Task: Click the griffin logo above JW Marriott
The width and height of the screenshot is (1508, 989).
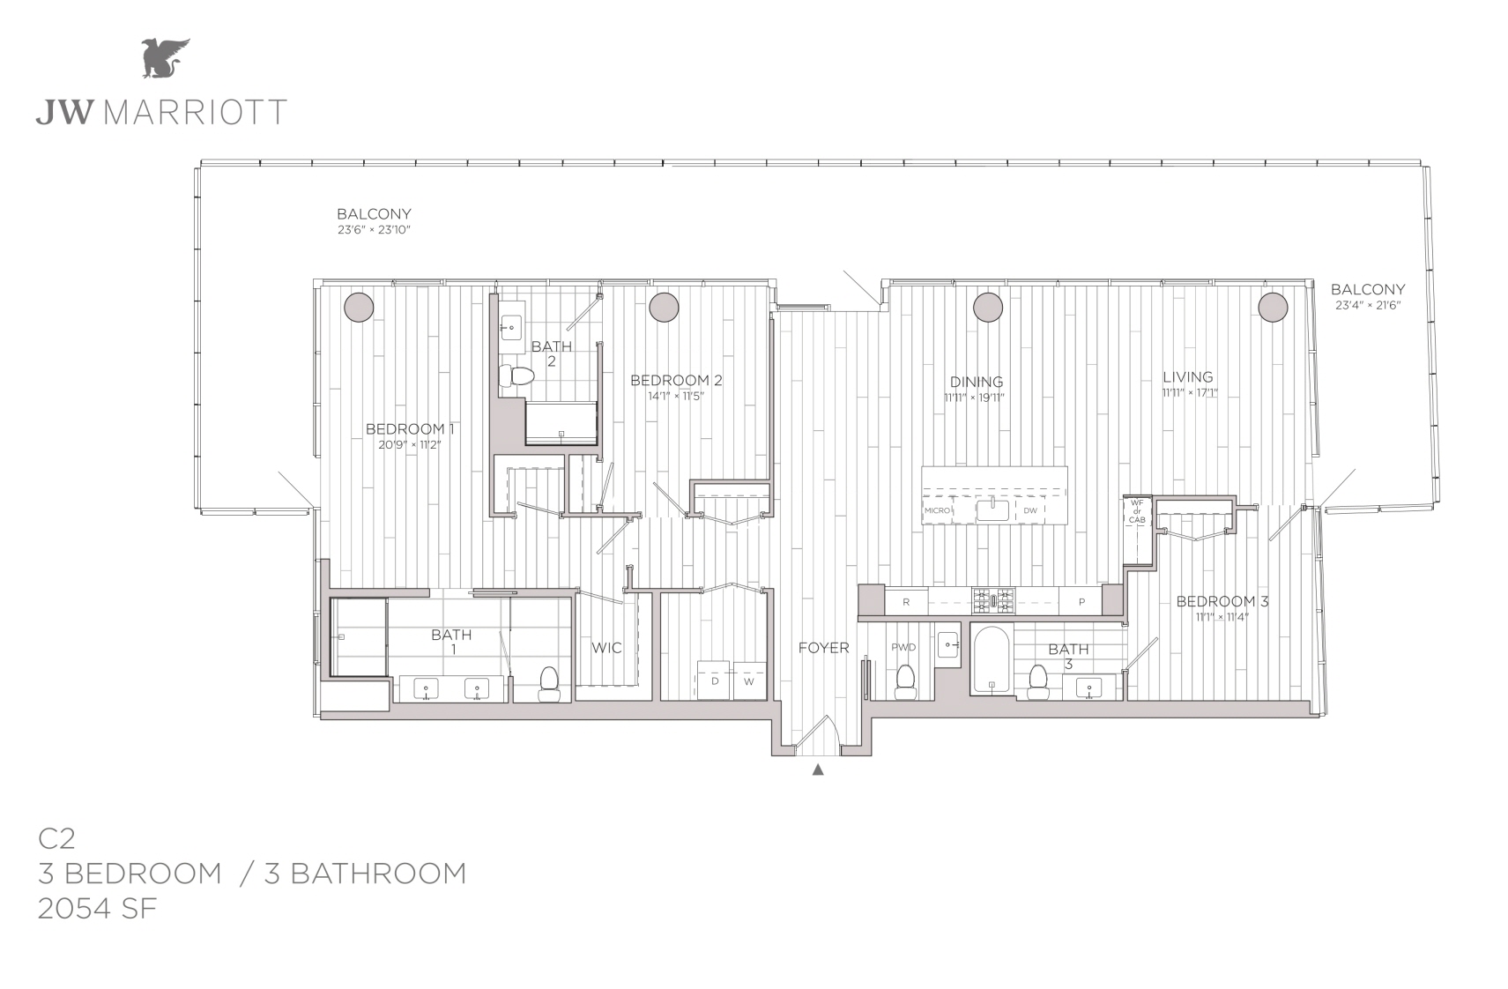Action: point(165,58)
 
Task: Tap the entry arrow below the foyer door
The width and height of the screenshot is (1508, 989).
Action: point(818,770)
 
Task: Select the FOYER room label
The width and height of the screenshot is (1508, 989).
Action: point(823,648)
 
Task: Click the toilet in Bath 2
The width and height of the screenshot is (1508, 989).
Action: point(516,376)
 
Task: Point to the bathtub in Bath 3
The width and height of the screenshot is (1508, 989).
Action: point(992,660)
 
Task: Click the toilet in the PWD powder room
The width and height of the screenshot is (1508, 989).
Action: point(905,682)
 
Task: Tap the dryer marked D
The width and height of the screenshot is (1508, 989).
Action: point(714,680)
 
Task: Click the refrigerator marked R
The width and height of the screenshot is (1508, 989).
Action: point(906,602)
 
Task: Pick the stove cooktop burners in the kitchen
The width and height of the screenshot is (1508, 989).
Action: point(993,600)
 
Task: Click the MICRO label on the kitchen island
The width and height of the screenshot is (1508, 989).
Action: point(937,510)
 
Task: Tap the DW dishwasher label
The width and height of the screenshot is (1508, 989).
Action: point(1030,510)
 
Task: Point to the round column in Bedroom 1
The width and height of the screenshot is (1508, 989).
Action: point(359,307)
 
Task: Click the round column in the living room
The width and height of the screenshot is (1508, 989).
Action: point(1273,307)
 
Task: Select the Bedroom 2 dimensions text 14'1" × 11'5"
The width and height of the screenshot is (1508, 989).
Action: point(675,396)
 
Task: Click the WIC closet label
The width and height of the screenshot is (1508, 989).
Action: point(606,648)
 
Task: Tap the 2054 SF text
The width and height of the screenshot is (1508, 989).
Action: point(98,908)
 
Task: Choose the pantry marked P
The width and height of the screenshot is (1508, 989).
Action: point(1081,602)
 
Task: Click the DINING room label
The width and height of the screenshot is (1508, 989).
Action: point(977,382)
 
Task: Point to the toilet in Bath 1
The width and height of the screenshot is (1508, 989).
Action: point(549,685)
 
